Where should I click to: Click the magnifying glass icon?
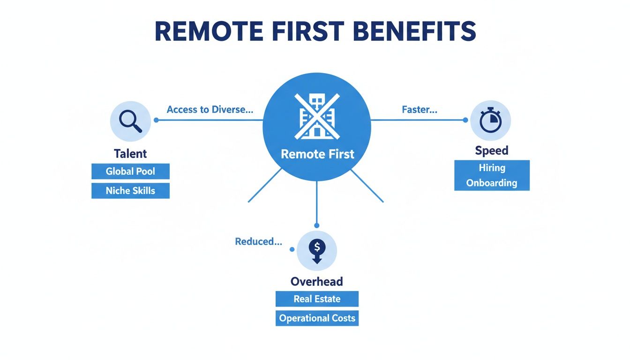point(130,121)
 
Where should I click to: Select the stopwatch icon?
point(490,121)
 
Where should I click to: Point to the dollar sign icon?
point(317,250)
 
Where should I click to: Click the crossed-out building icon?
point(317,117)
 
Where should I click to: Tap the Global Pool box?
point(130,171)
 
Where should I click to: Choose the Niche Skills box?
point(130,191)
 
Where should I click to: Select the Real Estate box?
point(317,299)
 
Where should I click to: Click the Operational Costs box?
point(317,318)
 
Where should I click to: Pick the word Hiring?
point(492,167)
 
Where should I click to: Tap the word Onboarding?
point(492,183)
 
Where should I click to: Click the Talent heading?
point(130,153)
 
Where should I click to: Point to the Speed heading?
point(492,150)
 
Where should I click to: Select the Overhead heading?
point(317,281)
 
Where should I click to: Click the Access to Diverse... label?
point(210,110)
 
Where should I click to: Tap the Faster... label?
point(420,110)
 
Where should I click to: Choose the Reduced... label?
point(258,241)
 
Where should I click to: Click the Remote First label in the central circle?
point(317,154)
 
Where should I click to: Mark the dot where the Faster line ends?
point(465,120)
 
